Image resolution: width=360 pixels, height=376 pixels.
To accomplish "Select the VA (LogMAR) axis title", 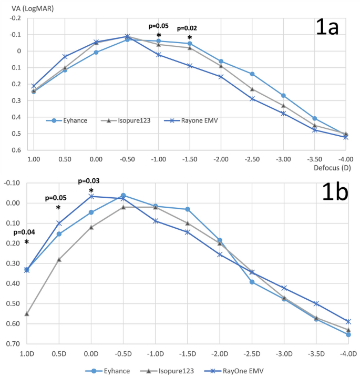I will tap(31, 7).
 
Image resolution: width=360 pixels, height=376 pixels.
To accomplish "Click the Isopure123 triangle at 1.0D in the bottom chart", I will tap(27, 314).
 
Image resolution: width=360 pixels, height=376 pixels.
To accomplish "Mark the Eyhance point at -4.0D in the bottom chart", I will tap(348, 334).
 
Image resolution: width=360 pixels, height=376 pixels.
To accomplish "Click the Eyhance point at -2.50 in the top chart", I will tap(252, 74).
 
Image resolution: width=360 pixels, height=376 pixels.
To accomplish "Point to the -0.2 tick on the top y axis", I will tap(16, 18).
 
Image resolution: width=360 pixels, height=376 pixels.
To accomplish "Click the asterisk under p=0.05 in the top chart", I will tap(159, 35).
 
